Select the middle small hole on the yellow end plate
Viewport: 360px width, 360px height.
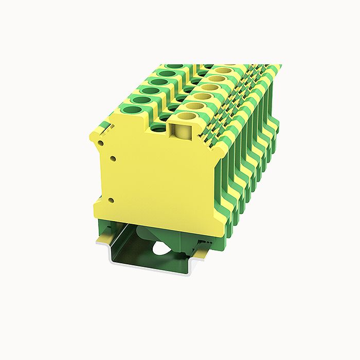click(x=110, y=159)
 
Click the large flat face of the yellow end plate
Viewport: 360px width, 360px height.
click(x=154, y=175)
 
